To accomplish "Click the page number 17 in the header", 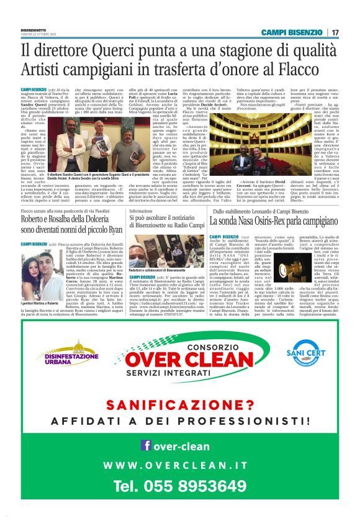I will point(335,32).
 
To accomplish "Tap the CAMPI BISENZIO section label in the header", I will point(292,32).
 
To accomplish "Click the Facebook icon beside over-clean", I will point(146,445).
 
